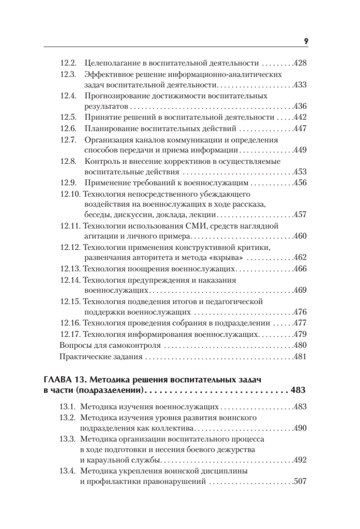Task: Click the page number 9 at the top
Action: click(305, 41)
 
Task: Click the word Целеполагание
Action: click(107, 63)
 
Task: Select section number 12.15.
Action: click(69, 302)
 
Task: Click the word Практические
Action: click(82, 357)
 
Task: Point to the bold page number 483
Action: click(297, 390)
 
